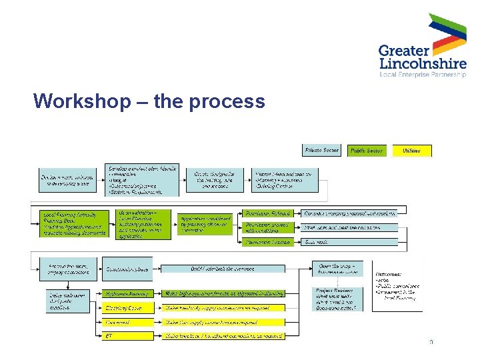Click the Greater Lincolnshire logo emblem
click(447, 34)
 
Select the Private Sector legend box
click(322, 151)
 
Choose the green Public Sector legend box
click(366, 151)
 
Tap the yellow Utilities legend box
click(411, 151)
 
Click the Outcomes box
click(399, 285)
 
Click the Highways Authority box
click(128, 293)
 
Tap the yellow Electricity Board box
click(128, 308)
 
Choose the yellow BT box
click(128, 336)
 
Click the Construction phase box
click(128, 269)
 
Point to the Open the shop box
click(337, 269)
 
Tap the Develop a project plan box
click(142, 180)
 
